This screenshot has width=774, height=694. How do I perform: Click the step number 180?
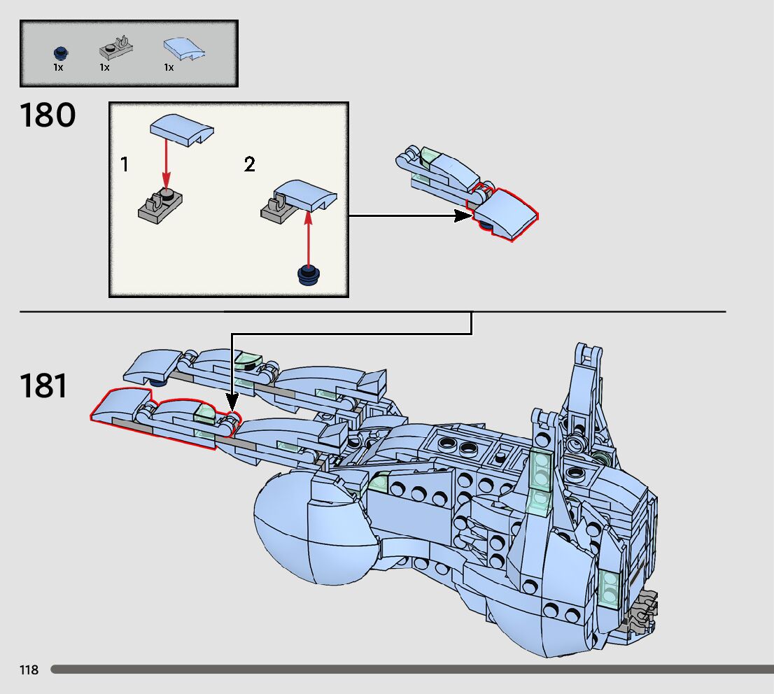pos(48,115)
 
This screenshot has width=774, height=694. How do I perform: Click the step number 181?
pos(43,385)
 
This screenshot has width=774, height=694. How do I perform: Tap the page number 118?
pos(29,670)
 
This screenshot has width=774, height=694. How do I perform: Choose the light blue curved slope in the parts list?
pos(181,48)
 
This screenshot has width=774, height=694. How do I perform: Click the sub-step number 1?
pos(125,165)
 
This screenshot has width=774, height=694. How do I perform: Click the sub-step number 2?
pos(250,165)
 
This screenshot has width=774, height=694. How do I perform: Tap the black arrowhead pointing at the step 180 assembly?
pos(462,216)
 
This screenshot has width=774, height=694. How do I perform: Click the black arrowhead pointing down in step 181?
pos(232,403)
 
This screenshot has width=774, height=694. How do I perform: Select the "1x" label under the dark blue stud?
pos(58,67)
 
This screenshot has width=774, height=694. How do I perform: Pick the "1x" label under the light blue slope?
pos(169,67)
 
